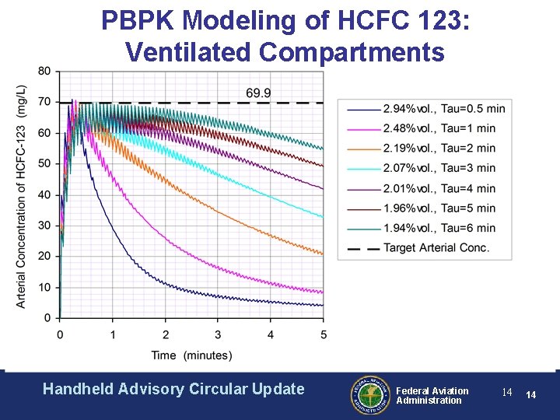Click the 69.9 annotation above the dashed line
258,93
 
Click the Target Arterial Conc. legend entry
436,248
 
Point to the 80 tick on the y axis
44,72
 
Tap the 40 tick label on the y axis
44,194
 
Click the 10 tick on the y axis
44,287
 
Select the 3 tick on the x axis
218,334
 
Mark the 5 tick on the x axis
324,334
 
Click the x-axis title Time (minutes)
191,355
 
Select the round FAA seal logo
369,394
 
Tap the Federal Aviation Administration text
432,395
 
